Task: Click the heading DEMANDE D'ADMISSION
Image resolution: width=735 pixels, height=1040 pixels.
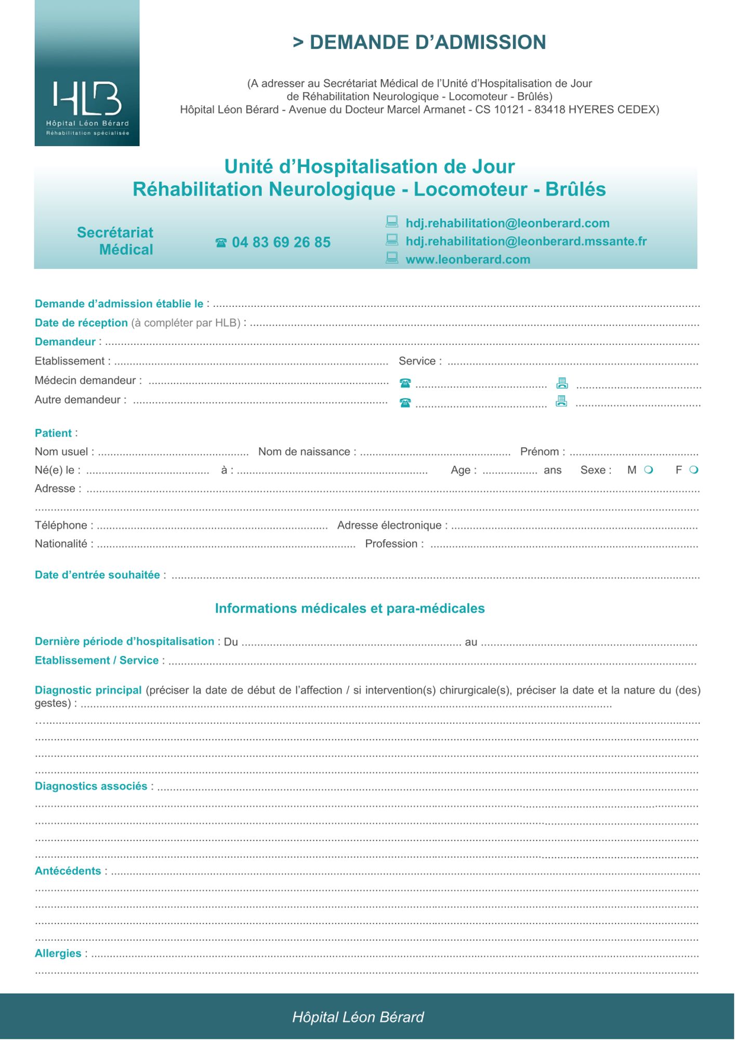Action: point(419,42)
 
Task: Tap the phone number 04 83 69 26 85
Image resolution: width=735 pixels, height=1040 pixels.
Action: point(281,242)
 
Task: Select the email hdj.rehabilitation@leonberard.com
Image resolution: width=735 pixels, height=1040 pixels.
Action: point(507,223)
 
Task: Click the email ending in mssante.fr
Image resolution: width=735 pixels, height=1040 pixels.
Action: point(526,241)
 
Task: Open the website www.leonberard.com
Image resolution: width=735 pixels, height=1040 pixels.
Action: point(468,259)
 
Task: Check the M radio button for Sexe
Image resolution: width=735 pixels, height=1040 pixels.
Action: point(648,470)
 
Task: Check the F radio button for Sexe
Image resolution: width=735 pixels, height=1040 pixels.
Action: point(693,470)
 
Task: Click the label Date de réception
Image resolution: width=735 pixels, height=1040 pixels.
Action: point(81,323)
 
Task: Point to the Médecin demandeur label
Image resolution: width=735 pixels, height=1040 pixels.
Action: point(85,381)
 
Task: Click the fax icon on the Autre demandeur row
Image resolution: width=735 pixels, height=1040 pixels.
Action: point(561,401)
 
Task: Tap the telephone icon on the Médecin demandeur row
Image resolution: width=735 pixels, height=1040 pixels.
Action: point(405,383)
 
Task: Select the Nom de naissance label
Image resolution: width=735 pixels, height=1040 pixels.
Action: point(304,452)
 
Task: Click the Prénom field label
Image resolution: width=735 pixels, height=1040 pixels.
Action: point(540,452)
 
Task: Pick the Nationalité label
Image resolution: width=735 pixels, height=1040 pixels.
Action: point(61,544)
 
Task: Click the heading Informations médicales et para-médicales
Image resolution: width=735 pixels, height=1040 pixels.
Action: point(350,608)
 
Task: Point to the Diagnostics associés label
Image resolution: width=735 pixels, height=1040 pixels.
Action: point(91,786)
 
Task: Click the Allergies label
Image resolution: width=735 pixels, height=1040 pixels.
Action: point(58,954)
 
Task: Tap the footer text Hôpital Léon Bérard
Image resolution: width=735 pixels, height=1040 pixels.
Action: point(358,1017)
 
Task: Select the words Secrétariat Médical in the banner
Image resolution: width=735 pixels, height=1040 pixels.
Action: point(115,241)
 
